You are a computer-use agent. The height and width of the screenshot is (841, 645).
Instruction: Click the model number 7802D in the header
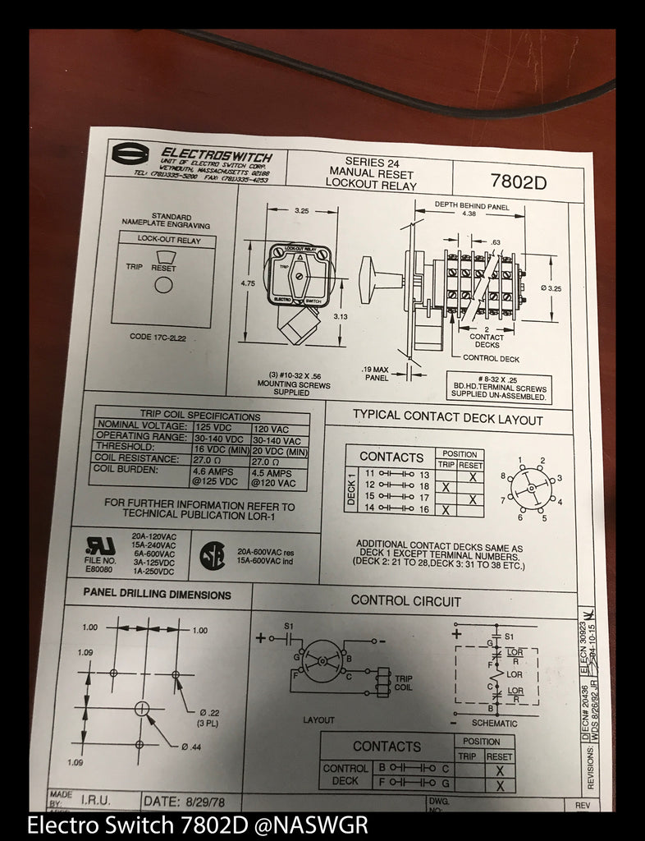coord(517,181)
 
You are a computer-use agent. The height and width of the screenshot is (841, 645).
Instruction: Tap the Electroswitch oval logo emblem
coord(130,154)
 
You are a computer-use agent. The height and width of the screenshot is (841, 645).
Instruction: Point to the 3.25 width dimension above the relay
coord(303,211)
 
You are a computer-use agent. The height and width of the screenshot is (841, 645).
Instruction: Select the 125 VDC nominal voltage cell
coord(220,429)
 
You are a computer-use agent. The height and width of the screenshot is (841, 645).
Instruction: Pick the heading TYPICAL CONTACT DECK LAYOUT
coord(447,419)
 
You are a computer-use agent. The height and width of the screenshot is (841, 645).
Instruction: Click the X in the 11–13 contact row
coord(471,476)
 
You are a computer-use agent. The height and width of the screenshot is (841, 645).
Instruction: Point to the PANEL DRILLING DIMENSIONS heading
coord(157,594)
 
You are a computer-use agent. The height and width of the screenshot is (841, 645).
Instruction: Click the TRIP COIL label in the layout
coord(403,683)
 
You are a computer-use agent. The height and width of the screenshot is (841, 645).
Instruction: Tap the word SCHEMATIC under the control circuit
coord(495,724)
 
